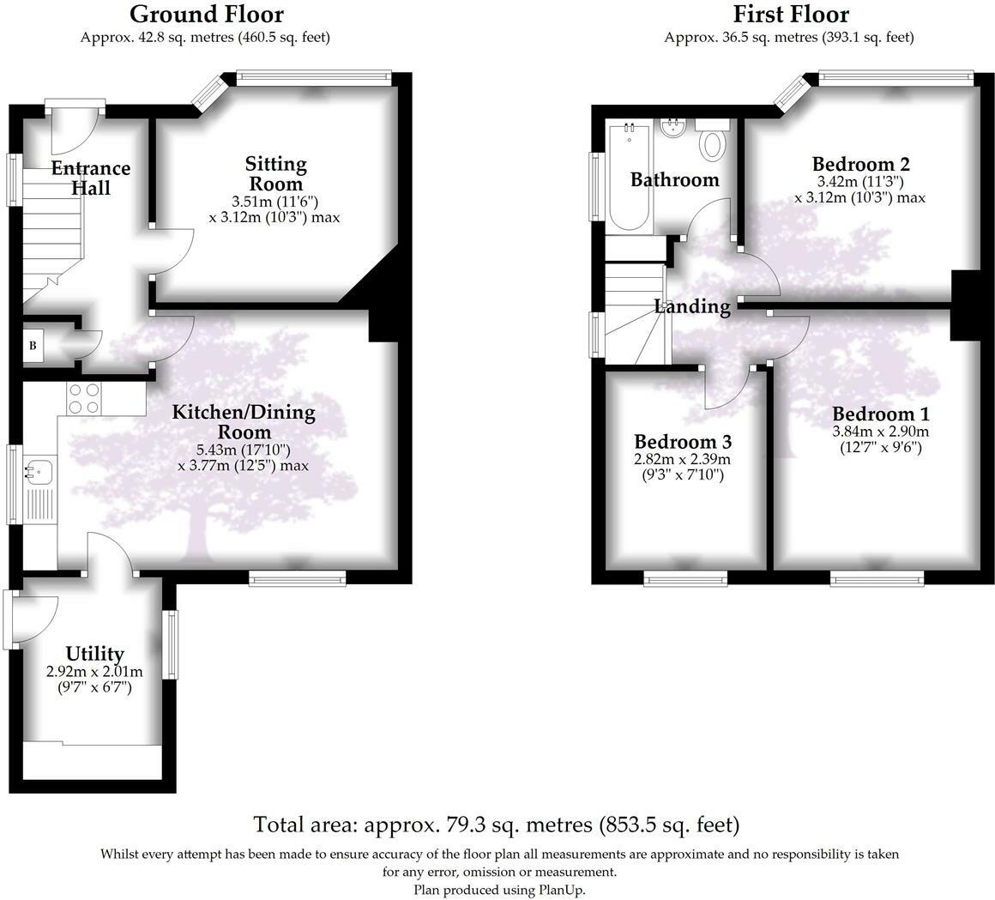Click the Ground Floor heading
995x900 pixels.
(x=206, y=14)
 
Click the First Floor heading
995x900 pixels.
(x=790, y=14)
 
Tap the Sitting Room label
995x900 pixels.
(x=275, y=173)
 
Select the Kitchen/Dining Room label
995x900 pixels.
(x=244, y=422)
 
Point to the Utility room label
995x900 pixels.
(x=94, y=655)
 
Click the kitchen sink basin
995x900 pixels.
(x=39, y=470)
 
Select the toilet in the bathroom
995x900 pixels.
(x=712, y=142)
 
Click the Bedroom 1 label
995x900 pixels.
(x=880, y=413)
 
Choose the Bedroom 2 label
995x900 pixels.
(x=860, y=164)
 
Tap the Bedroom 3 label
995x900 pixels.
(x=682, y=442)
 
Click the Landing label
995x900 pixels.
(x=692, y=306)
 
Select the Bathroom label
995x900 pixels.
(x=674, y=180)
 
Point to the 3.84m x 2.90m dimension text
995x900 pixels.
(x=880, y=432)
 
